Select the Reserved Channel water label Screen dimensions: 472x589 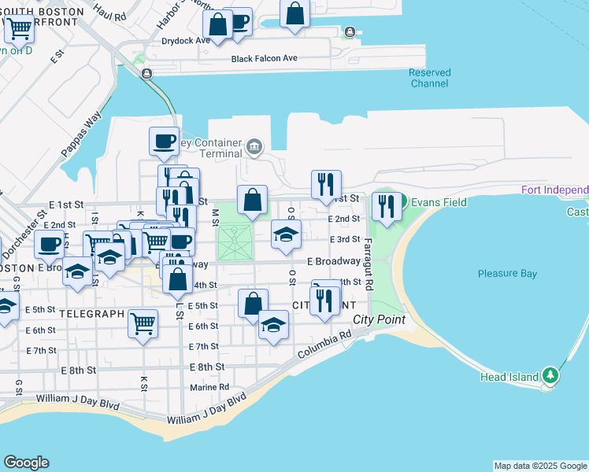click(x=429, y=78)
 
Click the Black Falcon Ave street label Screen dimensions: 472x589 click(x=264, y=59)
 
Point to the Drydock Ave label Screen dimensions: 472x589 click(x=185, y=40)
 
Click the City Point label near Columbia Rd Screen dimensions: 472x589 click(x=379, y=319)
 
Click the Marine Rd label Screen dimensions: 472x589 click(x=209, y=387)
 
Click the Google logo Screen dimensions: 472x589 click(x=26, y=463)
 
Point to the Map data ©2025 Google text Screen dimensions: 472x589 click(x=539, y=466)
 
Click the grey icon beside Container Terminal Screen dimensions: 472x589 click(x=254, y=146)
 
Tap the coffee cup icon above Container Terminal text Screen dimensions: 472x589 click(x=164, y=141)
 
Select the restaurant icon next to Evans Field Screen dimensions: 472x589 click(x=386, y=206)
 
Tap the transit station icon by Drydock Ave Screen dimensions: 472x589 click(x=348, y=33)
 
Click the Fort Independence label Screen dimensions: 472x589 click(x=555, y=190)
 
